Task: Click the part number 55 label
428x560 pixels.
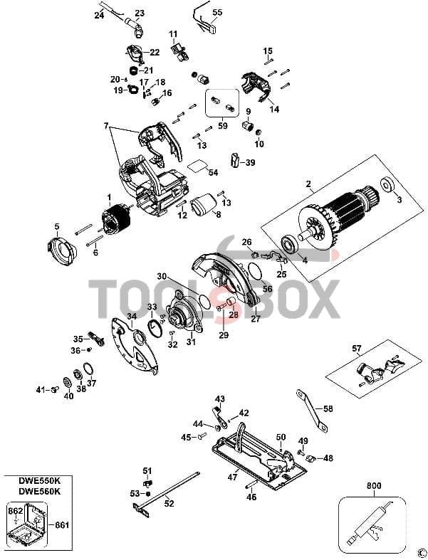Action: coord(217,13)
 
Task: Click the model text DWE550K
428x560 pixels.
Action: coord(40,481)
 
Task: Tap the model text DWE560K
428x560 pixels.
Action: coord(40,491)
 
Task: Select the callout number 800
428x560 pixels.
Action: coord(374,486)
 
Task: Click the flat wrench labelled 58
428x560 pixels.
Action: coord(310,411)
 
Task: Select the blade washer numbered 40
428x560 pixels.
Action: coord(66,383)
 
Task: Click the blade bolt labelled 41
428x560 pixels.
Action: coord(55,389)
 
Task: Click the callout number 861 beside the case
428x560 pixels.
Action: coord(61,525)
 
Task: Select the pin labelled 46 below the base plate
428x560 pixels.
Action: coord(251,486)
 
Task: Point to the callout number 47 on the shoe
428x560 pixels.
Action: coord(232,477)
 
